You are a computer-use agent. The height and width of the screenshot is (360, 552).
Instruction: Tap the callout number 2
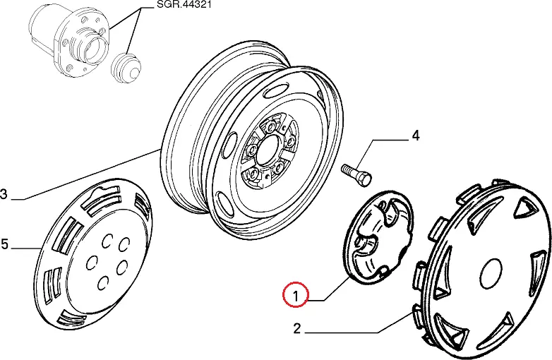pos(297,328)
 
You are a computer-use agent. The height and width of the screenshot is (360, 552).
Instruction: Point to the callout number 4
pos(416,136)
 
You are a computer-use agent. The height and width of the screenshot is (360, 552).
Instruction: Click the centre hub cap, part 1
pos(380,238)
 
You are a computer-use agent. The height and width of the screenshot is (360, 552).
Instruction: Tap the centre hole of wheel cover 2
pos(491,271)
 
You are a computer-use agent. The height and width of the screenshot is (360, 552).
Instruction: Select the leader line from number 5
pos(26,247)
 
